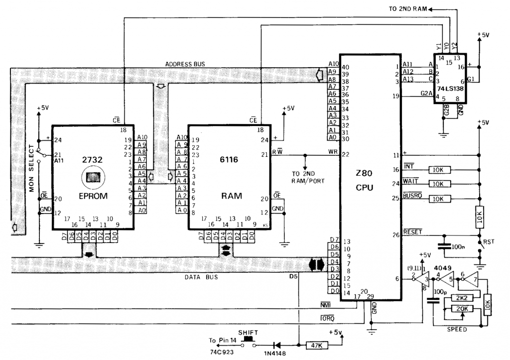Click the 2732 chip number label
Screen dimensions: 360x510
coord(93,160)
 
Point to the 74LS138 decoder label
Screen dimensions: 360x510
coord(449,88)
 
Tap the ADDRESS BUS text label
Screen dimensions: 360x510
coord(185,64)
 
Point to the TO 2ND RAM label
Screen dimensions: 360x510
coord(408,8)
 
